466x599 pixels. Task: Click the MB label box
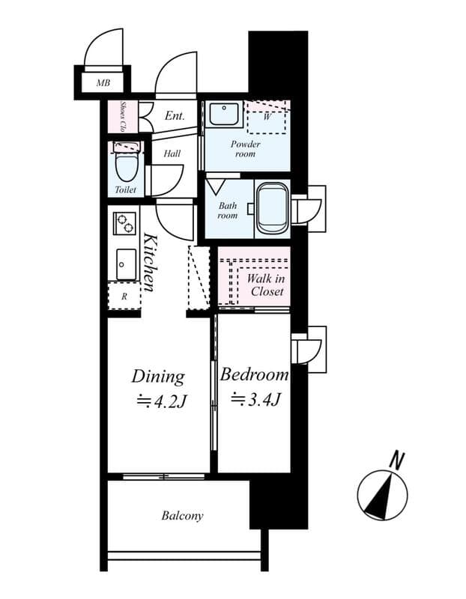[102, 83]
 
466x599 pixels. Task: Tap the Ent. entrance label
[175, 116]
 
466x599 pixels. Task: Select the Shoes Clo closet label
[123, 115]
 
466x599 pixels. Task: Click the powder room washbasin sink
[221, 114]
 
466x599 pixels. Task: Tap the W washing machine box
[267, 118]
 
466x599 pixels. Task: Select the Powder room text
[245, 148]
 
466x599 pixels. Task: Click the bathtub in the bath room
[272, 208]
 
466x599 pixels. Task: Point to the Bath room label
[227, 210]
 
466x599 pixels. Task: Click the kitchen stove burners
[124, 223]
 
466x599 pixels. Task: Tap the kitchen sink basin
[125, 263]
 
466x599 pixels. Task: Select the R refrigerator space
[124, 296]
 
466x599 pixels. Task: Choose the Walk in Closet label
[265, 285]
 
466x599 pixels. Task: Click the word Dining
[157, 376]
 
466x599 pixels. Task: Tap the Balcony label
[182, 516]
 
